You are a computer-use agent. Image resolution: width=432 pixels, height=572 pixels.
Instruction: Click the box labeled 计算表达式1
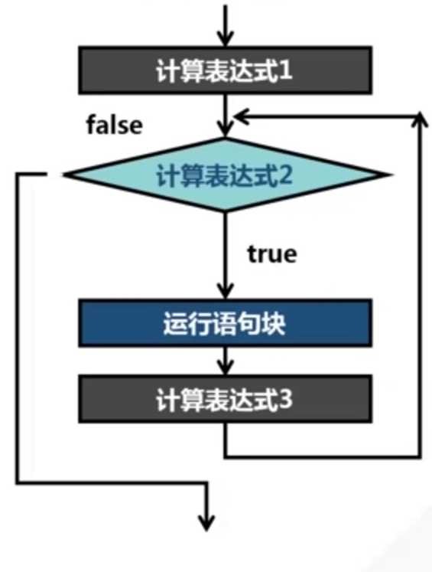(225, 70)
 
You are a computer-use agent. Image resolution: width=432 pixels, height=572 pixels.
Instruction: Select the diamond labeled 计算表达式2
(226, 175)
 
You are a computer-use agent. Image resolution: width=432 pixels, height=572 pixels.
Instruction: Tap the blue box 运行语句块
(225, 323)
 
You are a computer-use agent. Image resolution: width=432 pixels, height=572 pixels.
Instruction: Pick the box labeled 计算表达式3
(225, 399)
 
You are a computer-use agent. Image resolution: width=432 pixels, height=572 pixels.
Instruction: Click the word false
(115, 125)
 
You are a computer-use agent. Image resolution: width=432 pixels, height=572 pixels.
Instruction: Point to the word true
(272, 253)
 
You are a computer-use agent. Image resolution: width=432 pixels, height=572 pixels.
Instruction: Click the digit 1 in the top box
(285, 70)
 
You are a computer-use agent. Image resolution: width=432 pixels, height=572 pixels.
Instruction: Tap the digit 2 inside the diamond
(285, 175)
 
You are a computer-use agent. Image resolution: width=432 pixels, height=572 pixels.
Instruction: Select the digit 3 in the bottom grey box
(285, 399)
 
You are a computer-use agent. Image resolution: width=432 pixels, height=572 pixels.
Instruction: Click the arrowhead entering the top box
(226, 38)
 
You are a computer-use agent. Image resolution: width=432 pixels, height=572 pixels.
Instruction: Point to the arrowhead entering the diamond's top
(226, 130)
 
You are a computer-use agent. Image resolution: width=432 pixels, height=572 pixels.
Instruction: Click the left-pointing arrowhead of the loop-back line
(241, 116)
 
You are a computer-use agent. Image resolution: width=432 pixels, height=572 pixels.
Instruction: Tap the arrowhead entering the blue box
(226, 292)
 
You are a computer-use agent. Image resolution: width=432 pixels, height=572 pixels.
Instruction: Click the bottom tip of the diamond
(226, 211)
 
